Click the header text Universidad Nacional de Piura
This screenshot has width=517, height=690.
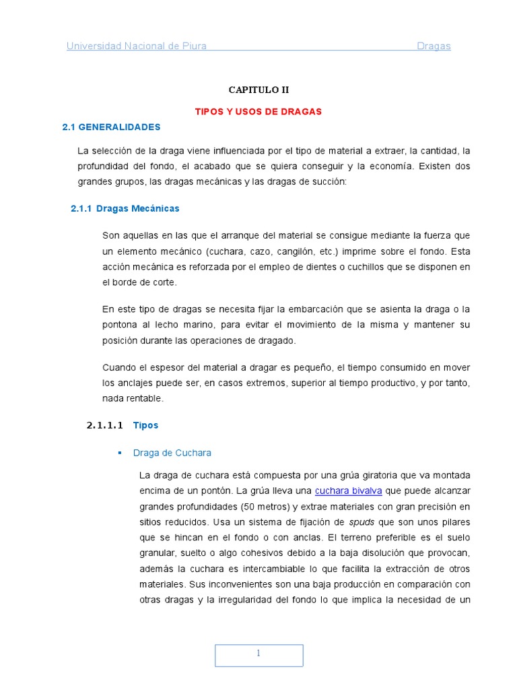point(136,46)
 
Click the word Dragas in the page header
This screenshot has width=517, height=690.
point(434,46)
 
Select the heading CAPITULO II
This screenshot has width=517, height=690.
point(258,90)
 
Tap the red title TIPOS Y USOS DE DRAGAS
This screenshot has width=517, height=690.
point(258,112)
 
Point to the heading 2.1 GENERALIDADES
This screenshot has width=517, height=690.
point(111,127)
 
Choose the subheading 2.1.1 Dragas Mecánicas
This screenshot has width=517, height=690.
point(125,209)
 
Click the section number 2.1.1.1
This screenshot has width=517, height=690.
point(105,426)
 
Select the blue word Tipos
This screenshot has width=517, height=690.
point(145,426)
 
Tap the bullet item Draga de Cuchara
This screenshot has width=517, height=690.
point(172,453)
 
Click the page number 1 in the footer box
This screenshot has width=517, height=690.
point(258,654)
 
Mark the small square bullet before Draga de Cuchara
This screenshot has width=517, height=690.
point(120,453)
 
